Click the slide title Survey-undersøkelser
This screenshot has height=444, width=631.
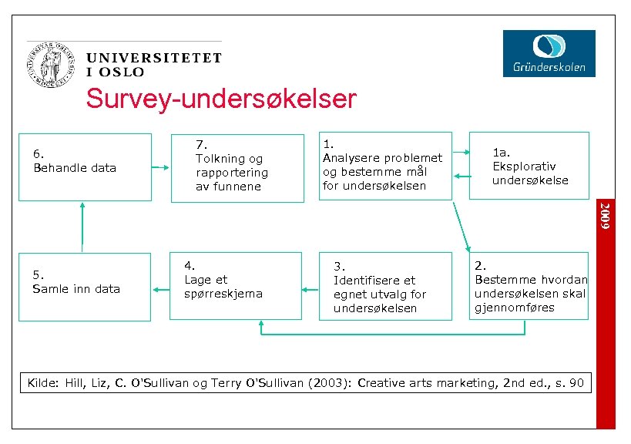pyautogui.click(x=221, y=99)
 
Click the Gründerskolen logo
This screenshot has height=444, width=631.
pyautogui.click(x=549, y=53)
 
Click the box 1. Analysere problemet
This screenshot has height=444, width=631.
pyautogui.click(x=385, y=166)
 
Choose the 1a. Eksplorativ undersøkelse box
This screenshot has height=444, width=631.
pyautogui.click(x=529, y=166)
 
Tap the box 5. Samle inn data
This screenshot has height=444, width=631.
pyautogui.click(x=86, y=285)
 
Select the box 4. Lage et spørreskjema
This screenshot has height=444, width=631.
pyautogui.click(x=236, y=285)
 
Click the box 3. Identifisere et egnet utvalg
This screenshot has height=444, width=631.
pyautogui.click(x=385, y=285)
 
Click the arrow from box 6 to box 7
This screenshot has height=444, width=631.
pyautogui.click(x=160, y=168)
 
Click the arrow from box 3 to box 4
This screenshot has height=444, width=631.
pyautogui.click(x=310, y=290)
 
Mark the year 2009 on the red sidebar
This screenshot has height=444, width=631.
pyautogui.click(x=607, y=216)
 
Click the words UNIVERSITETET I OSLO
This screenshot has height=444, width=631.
pyautogui.click(x=154, y=64)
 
